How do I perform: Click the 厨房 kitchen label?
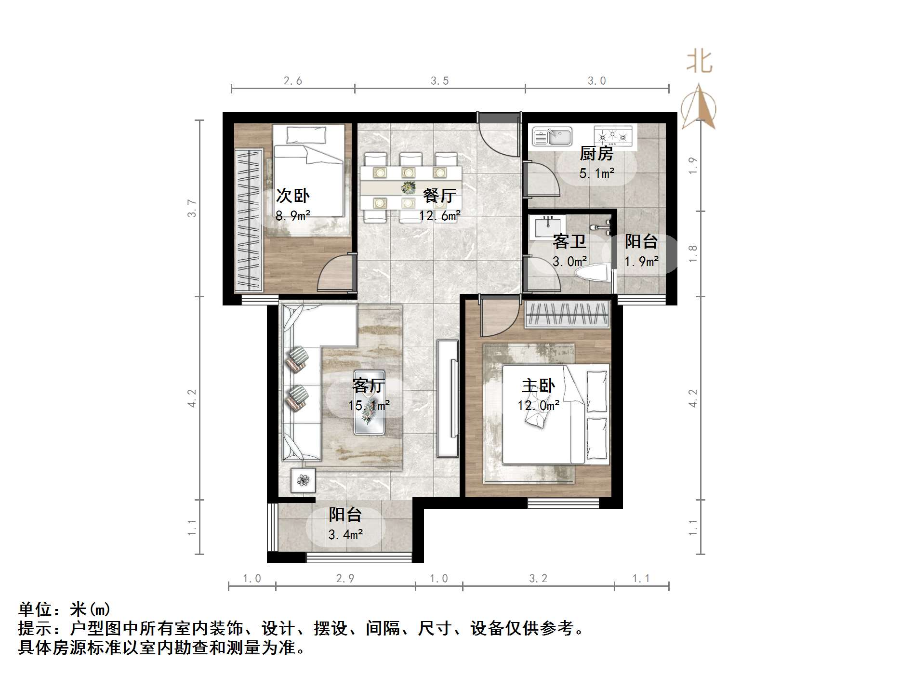coord(596,154)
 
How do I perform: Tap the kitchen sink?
coord(552,136)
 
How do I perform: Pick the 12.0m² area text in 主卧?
coord(538,406)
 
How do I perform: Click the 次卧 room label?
coord(292,196)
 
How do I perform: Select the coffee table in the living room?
coord(370,403)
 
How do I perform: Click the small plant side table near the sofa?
coord(303,480)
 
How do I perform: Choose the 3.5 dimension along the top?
coord(439,81)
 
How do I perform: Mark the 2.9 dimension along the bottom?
coord(345,579)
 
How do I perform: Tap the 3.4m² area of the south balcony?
coord(345,534)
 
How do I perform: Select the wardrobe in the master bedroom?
coord(567,314)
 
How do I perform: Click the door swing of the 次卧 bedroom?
coord(334,273)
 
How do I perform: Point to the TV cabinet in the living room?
coord(448,398)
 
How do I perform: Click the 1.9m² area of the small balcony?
coord(641,262)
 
